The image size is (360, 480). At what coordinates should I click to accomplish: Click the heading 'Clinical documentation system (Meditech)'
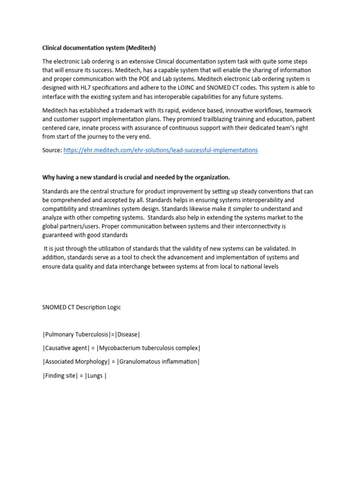(99, 48)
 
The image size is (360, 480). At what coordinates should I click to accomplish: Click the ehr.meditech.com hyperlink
(160, 150)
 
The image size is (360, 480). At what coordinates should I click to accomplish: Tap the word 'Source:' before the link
(52, 150)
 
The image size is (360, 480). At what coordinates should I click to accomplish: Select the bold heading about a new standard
(136, 177)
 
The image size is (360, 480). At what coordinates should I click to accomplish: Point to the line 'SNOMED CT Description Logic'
(82, 307)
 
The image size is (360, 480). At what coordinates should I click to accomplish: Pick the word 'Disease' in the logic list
(128, 334)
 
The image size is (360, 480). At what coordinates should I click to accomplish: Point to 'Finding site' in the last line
(59, 376)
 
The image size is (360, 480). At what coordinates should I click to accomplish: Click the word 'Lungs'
(95, 376)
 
